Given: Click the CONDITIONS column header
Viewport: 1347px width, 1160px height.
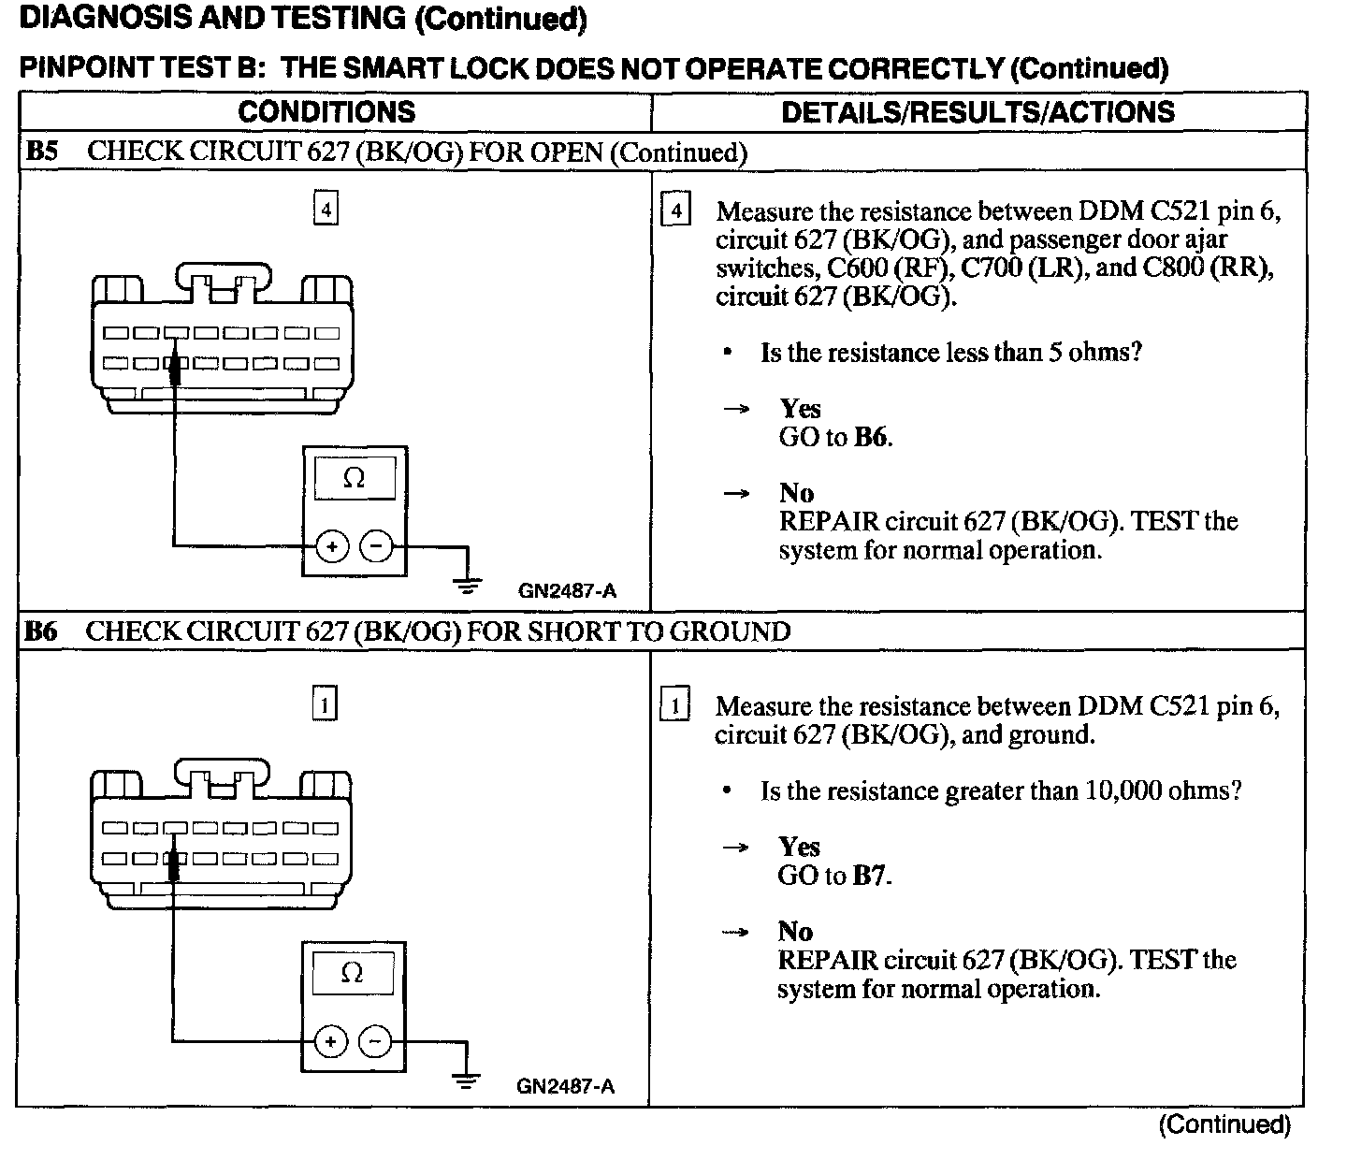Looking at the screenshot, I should pyautogui.click(x=326, y=112).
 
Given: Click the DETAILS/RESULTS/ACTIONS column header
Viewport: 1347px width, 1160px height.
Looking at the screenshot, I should pyautogui.click(x=978, y=112).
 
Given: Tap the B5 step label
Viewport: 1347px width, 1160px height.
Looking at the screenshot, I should pyautogui.click(x=42, y=152).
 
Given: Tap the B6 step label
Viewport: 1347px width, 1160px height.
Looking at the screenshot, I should pyautogui.click(x=42, y=631).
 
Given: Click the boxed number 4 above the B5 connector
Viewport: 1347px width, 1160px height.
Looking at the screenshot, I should pyautogui.click(x=326, y=210).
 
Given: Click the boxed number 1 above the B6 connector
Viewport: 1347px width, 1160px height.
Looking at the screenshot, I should pyautogui.click(x=324, y=704).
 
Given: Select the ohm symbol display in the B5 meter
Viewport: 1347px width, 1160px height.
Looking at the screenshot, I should pyautogui.click(x=355, y=479).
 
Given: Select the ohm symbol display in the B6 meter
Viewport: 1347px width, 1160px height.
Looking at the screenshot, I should pyautogui.click(x=353, y=974).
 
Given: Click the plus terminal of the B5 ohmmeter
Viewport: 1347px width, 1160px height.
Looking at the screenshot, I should pyautogui.click(x=332, y=545).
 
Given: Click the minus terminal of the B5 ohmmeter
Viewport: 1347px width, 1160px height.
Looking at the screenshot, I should pyautogui.click(x=377, y=545).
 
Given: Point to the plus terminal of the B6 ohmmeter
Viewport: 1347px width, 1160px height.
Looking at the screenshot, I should pyautogui.click(x=330, y=1041).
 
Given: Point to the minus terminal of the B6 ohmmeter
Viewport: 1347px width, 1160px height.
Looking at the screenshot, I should pyautogui.click(x=375, y=1041).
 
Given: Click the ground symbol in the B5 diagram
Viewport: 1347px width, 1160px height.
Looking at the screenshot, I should pyautogui.click(x=467, y=586).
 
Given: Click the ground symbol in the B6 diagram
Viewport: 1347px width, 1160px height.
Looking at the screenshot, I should pyautogui.click(x=465, y=1080).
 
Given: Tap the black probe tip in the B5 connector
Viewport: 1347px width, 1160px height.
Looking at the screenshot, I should pyautogui.click(x=174, y=369).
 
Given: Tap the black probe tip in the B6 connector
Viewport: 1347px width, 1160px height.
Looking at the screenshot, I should pyautogui.click(x=173, y=864).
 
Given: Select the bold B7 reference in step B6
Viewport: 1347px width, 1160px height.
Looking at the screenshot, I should pyautogui.click(x=871, y=877).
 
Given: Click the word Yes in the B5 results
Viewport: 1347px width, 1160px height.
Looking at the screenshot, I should pyautogui.click(x=801, y=409).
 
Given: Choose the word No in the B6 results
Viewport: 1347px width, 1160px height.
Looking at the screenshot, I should pyautogui.click(x=795, y=931).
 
